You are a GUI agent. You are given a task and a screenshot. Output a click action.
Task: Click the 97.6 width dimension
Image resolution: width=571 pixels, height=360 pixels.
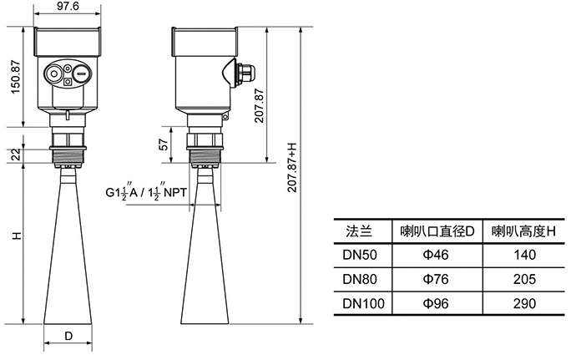(68, 7)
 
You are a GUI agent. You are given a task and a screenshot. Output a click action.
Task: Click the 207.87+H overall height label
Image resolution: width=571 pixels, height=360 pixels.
(291, 167)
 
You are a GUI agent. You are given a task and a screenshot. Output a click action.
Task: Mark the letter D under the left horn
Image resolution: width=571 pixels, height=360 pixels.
(68, 336)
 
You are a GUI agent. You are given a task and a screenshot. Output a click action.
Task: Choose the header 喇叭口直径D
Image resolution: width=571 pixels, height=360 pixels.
(437, 231)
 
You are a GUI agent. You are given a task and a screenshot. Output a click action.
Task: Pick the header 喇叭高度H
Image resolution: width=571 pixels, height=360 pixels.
(523, 231)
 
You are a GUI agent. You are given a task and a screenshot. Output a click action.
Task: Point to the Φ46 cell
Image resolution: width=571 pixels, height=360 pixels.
(437, 255)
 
